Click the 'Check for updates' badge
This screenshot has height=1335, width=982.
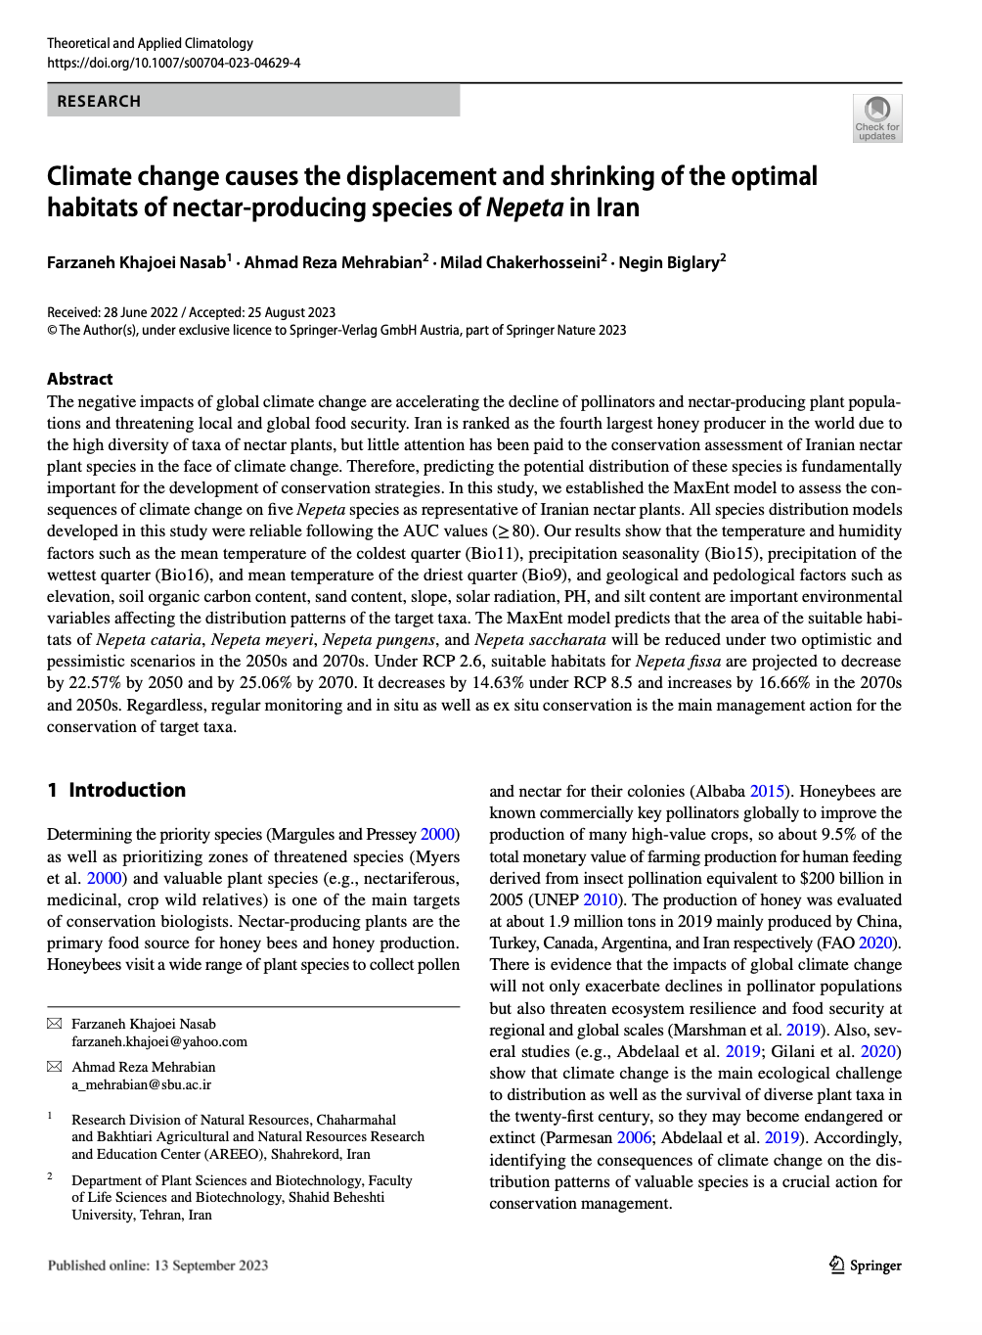[x=876, y=118]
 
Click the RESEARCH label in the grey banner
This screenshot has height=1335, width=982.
[x=99, y=102]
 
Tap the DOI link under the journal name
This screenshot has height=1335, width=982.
[x=174, y=63]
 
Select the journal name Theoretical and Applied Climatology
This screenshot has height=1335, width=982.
[x=150, y=43]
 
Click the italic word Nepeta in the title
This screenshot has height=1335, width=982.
[x=524, y=208]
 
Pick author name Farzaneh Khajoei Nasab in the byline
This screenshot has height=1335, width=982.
[x=137, y=262]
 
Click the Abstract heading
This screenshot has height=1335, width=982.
[x=80, y=379]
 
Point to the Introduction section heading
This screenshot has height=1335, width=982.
[x=127, y=790]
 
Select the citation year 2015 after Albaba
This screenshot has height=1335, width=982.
[x=767, y=791]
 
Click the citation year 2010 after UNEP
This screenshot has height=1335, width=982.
[x=601, y=899]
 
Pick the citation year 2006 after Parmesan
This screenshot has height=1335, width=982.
[x=635, y=1137]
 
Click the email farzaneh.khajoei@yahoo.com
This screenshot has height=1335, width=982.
[x=159, y=1041]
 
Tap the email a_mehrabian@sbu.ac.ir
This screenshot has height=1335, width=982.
[x=142, y=1084]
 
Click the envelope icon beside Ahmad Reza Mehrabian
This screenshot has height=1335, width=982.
[x=54, y=1067]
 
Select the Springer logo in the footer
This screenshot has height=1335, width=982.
[x=865, y=1266]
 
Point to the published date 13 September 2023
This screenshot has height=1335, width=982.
[x=210, y=1266]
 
